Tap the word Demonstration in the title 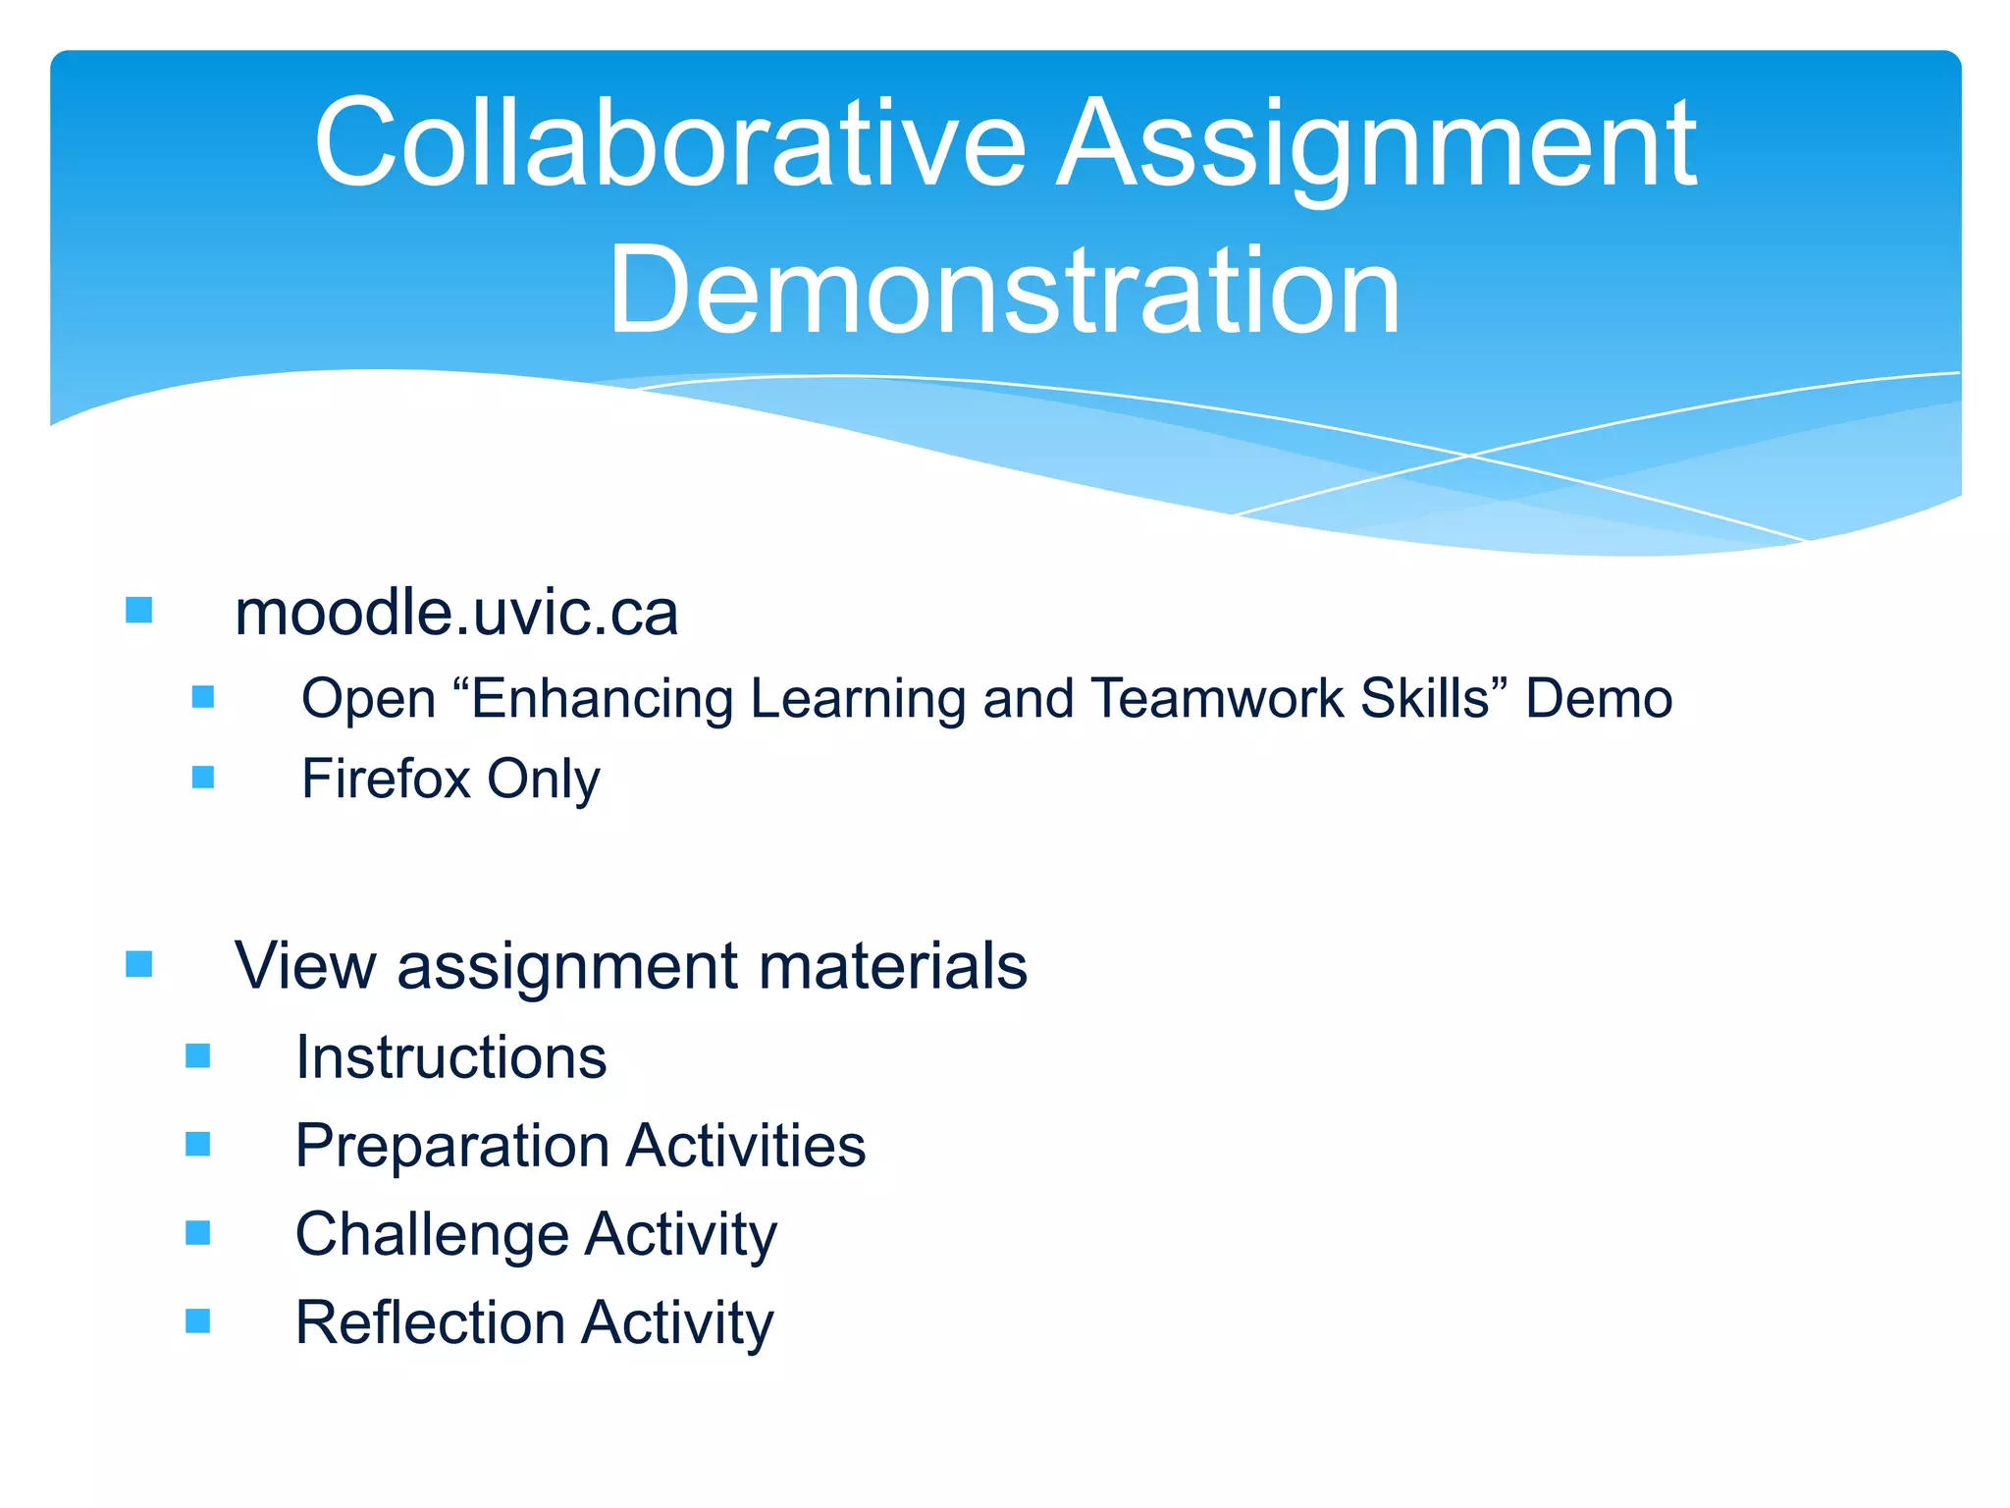[1004, 292]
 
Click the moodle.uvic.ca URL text [456, 614]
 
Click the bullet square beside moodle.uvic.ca [139, 611]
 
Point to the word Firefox [387, 780]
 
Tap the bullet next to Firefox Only [203, 778]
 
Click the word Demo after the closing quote [1599, 699]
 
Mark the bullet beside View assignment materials [139, 964]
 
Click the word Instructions [451, 1057]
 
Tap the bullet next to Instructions [198, 1055]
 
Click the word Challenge [432, 1235]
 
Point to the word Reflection [430, 1322]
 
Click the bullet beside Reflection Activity [198, 1320]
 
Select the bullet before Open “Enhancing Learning [203, 697]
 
